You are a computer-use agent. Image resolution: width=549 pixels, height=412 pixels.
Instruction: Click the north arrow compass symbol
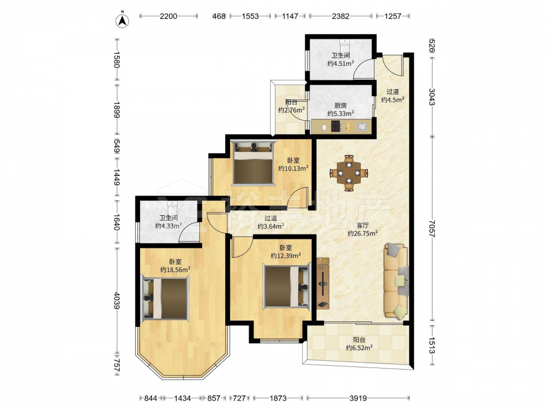[122, 20]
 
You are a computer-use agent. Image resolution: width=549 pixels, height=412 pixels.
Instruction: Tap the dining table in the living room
[349, 172]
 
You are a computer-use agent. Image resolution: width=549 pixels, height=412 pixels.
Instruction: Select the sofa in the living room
[396, 281]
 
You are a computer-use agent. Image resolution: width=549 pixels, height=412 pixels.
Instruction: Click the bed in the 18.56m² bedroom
[165, 298]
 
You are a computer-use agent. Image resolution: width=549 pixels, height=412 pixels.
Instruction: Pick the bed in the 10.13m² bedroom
[253, 163]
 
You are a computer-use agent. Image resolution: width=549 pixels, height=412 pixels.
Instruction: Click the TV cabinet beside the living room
[323, 283]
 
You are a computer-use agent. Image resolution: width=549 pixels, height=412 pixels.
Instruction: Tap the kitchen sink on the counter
[362, 126]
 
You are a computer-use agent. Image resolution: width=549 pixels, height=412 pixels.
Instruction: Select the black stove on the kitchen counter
[336, 126]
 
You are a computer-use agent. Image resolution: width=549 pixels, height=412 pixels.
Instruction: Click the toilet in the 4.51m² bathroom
[345, 44]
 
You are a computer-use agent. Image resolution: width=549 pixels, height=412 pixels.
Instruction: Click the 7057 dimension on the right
[432, 229]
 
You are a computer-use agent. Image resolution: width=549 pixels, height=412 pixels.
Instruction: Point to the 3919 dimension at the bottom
[358, 398]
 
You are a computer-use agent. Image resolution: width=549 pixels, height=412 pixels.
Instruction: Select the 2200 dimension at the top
[169, 16]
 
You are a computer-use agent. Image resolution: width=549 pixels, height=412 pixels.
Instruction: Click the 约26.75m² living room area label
[362, 233]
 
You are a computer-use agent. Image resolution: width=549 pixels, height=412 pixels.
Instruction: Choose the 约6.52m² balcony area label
[359, 348]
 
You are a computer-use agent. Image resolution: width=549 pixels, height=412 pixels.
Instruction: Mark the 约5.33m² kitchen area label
[341, 114]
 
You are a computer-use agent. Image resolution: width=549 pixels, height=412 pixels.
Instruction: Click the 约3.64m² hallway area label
[271, 226]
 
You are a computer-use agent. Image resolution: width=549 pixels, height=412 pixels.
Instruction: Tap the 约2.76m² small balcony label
[292, 110]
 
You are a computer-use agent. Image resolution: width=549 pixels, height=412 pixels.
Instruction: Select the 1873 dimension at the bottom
[278, 398]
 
